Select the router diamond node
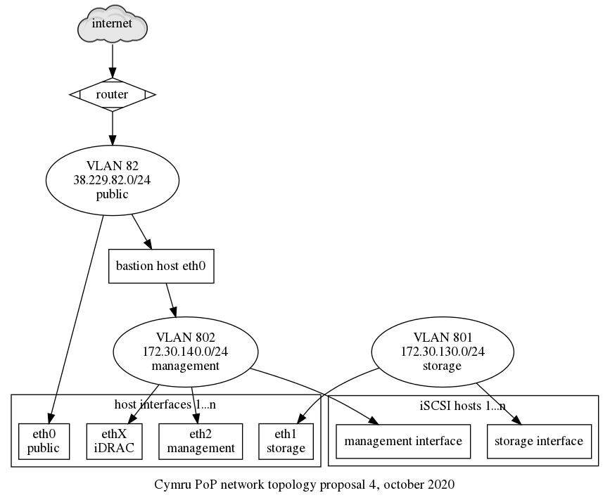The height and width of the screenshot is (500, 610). [x=112, y=94]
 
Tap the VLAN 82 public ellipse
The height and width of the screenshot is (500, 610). [x=112, y=181]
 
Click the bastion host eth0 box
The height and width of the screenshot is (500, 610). [x=161, y=266]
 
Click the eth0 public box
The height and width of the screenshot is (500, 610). [x=44, y=441]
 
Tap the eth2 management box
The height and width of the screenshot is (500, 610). [x=201, y=441]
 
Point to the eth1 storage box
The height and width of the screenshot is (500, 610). [x=286, y=441]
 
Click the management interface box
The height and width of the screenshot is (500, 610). [x=403, y=441]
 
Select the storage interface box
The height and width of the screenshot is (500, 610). [x=539, y=441]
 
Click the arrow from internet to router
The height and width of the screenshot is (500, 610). [x=112, y=62]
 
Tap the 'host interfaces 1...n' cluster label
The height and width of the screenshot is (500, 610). [x=165, y=404]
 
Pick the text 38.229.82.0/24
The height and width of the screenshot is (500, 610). [x=112, y=181]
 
